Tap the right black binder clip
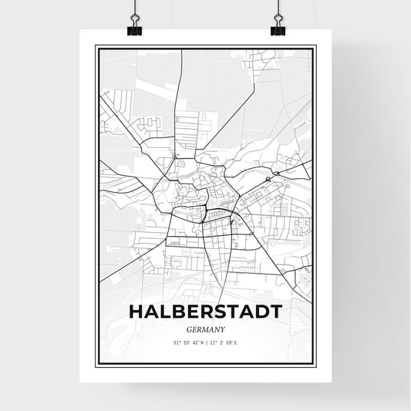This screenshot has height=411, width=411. coord(277,28)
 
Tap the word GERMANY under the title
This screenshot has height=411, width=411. coord(206,328)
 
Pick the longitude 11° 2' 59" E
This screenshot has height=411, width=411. coord(225,342)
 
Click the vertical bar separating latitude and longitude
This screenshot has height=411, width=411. coord(207,342)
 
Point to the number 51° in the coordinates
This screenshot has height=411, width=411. coord(176,342)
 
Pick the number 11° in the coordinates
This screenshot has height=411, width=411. coord(213,342)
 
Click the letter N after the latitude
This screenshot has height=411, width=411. coord(201,342)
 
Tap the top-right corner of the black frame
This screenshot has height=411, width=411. coord(316,46)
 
